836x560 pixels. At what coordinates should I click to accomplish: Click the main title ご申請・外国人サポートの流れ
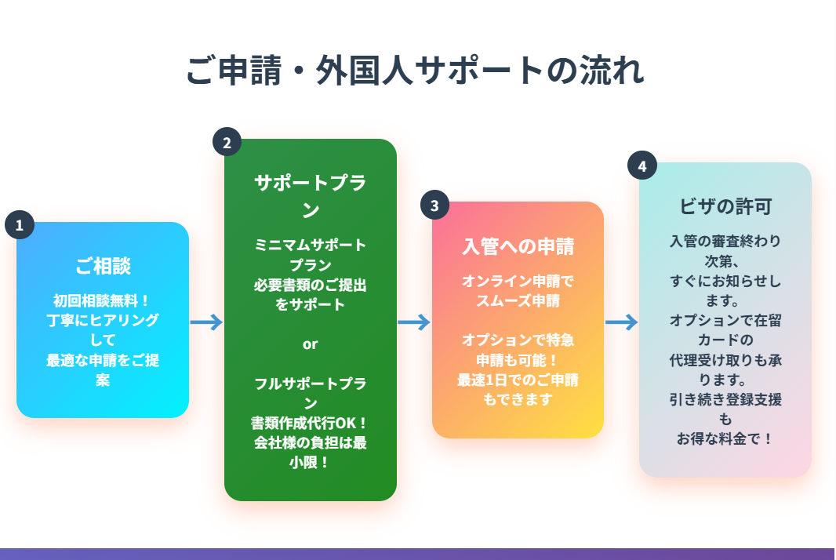coord(416,71)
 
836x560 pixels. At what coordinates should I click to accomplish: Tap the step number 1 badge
coord(19,225)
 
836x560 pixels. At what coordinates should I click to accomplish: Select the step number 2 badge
coord(227,143)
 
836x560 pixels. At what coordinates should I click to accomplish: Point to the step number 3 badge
coord(434,205)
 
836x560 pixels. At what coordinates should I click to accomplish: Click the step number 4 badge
coord(642,166)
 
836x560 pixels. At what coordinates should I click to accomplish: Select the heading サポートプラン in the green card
coord(311,196)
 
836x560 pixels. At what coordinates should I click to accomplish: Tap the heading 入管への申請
coord(518,246)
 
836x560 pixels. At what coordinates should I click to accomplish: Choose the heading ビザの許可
coord(725,206)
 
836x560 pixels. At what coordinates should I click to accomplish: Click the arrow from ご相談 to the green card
coord(206,322)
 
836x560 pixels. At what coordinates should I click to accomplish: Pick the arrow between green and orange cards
coord(414,322)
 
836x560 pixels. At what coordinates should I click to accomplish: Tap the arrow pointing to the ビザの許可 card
coord(621,322)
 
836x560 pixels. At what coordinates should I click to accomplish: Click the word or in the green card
coord(311,344)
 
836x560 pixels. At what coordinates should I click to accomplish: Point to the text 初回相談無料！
coord(103,300)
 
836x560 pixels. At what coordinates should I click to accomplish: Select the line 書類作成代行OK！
coord(311,423)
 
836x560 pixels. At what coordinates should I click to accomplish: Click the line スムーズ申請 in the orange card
coord(518,300)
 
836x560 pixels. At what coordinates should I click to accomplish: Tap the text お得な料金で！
coord(725,438)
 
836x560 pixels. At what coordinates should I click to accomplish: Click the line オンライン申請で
coord(518,281)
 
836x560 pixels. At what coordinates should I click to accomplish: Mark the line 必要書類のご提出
coord(311,285)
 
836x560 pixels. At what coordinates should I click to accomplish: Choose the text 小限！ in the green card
coord(311,462)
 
